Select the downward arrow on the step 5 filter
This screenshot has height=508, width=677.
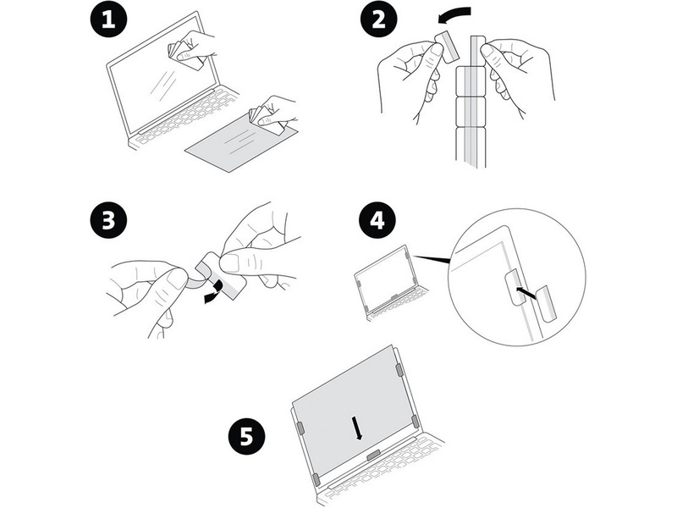coord(360,428)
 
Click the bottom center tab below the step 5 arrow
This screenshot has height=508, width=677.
coord(372,456)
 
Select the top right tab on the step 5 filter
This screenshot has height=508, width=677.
coord(399,370)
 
